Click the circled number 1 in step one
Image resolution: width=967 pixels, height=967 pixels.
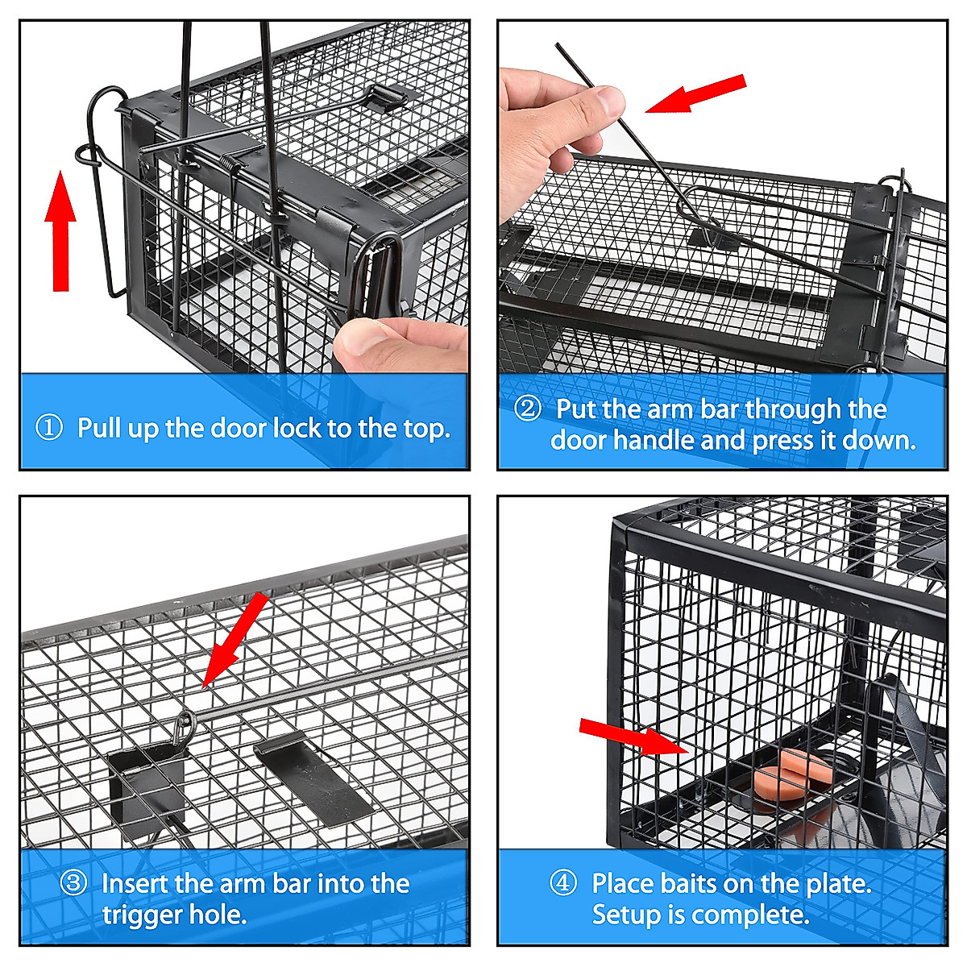point(49,427)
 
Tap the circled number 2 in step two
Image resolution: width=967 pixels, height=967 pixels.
point(528,408)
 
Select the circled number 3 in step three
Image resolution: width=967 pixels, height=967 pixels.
point(73,882)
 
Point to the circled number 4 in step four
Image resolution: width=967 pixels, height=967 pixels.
point(563,882)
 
